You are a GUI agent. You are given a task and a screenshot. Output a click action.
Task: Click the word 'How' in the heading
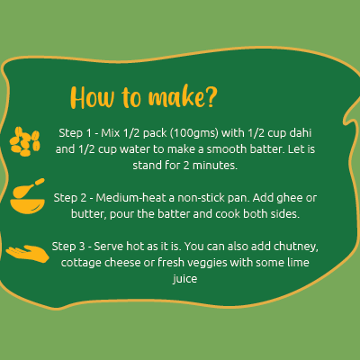coord(93,98)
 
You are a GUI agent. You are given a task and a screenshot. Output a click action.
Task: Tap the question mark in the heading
coord(211,97)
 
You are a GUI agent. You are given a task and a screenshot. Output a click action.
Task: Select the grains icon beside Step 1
coord(25,141)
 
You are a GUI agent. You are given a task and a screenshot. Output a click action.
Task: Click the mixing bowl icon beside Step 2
coord(27,196)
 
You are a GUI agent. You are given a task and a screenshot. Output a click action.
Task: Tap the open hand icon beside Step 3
coord(28,254)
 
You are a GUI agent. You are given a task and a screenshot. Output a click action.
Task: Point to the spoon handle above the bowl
coord(40,182)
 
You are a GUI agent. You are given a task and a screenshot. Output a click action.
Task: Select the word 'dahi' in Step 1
coord(301,132)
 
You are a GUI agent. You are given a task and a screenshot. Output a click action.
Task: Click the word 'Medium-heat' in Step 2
coord(130,198)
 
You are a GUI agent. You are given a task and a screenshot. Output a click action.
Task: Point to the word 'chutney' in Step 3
coord(295,247)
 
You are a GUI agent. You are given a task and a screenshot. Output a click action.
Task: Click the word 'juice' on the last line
coord(184,279)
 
